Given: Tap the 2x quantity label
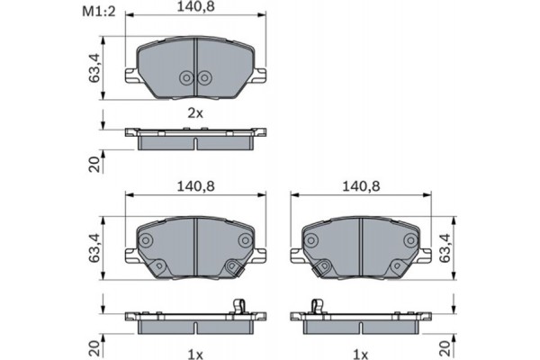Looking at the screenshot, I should click(195, 113).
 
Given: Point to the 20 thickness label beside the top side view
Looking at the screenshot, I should click(93, 164).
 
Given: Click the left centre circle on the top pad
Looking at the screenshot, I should click(186, 78).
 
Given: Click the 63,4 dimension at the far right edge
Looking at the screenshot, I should click(444, 246).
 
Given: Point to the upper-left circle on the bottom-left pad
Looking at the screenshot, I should click(146, 240).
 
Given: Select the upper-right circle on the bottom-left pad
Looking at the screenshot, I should click(245, 240).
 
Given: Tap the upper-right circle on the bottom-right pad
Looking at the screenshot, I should click(410, 240).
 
